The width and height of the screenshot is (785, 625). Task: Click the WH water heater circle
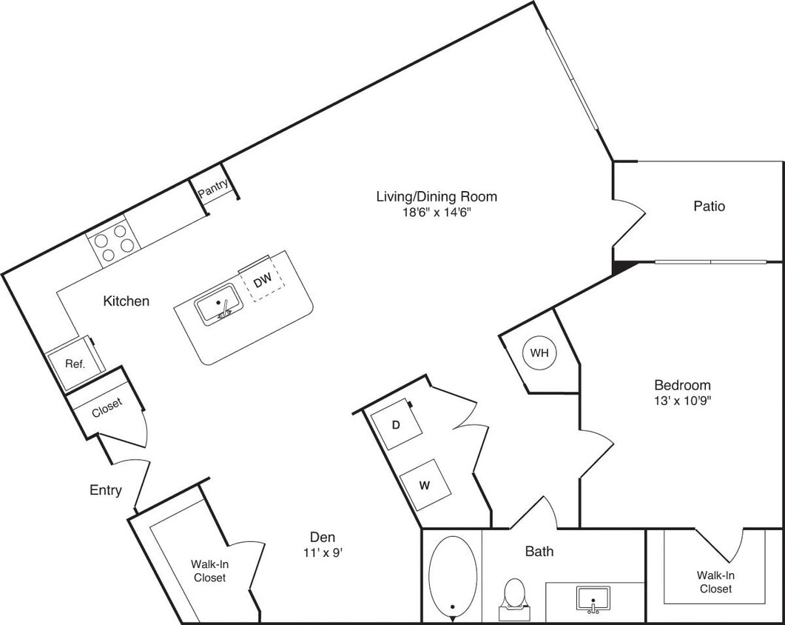[539, 353]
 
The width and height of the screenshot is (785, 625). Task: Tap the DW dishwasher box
[263, 282]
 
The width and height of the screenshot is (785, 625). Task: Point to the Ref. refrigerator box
[74, 364]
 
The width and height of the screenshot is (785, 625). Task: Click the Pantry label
[213, 190]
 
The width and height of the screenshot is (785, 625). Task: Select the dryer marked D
[397, 426]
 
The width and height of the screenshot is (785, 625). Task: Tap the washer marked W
[425, 485]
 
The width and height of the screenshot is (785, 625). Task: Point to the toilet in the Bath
[513, 597]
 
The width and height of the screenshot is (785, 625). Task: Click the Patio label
[709, 206]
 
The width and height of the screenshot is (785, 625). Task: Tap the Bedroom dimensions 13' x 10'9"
[682, 401]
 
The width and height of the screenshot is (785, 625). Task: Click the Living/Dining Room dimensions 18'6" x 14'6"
[436, 212]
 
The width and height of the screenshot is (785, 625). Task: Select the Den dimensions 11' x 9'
[323, 552]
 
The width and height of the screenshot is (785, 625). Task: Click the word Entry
[106, 490]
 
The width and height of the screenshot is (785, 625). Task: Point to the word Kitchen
[127, 301]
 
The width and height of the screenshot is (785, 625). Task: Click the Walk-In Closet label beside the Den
[209, 570]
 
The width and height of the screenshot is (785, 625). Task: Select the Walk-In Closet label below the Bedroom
[715, 581]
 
